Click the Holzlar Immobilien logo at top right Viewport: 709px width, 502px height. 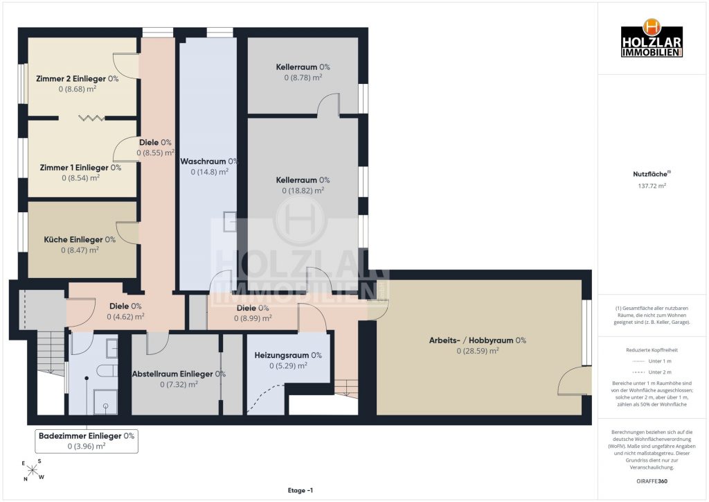tap(652, 38)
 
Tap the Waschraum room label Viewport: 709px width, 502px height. tap(209, 161)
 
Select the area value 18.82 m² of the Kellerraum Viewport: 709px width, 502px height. tap(303, 191)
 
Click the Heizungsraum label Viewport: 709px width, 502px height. tap(288, 355)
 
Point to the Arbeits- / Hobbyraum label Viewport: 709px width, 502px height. tap(478, 340)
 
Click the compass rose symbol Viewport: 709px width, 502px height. tap(33, 470)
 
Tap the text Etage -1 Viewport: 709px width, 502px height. tap(300, 490)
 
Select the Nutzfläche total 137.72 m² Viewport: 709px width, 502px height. tap(652, 186)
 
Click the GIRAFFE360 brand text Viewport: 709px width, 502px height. tap(652, 481)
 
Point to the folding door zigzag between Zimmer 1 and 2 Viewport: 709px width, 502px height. tap(92, 118)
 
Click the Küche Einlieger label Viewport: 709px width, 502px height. tap(80, 239)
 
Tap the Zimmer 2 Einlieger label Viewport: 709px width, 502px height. tap(78, 79)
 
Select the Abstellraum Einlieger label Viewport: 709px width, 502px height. tap(179, 374)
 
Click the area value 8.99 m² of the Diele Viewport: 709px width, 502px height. tap(253, 319)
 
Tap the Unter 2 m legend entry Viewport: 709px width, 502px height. tap(652, 372)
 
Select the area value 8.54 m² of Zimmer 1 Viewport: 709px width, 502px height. tap(80, 178)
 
